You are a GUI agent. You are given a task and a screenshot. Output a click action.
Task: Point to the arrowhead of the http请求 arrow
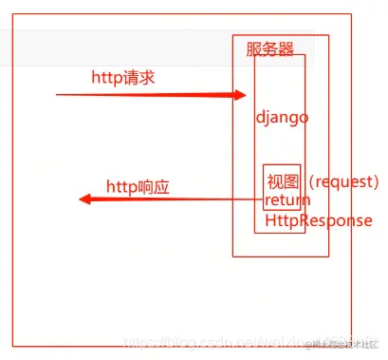click(240, 95)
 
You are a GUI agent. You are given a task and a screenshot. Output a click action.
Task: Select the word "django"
click(283, 117)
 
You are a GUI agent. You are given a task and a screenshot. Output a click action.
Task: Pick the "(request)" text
click(344, 181)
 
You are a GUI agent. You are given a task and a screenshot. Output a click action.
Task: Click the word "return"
click(287, 200)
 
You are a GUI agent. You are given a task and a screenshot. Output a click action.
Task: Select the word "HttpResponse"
click(319, 220)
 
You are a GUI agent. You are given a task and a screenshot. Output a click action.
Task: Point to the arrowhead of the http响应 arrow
click(84, 199)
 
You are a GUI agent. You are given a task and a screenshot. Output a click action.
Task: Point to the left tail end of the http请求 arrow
click(58, 95)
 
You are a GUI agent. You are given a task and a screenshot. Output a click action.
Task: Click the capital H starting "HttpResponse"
click(271, 220)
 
